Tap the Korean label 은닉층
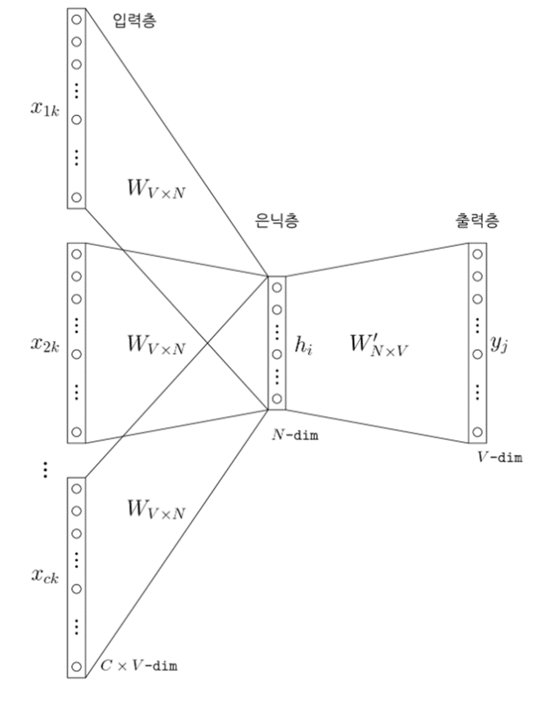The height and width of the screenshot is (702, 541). pos(276,221)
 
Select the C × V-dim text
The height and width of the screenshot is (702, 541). pos(142,666)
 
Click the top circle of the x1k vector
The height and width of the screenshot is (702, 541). pos(76,19)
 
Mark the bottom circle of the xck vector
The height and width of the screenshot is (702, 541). pos(76,666)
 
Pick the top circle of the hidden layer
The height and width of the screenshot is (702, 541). pos(276,287)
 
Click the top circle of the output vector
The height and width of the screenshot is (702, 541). pos(477,253)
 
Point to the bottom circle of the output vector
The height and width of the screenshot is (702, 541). pos(477,431)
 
